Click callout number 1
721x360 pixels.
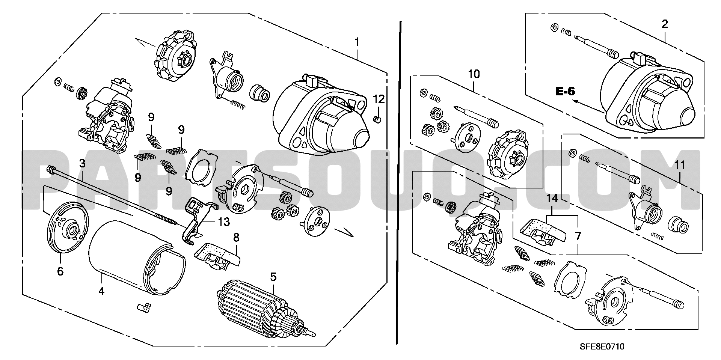pyautogui.click(x=357, y=42)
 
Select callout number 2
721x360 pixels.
pyautogui.click(x=665, y=24)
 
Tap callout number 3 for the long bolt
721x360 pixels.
pyautogui.click(x=82, y=163)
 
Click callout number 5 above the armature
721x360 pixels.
pyautogui.click(x=273, y=277)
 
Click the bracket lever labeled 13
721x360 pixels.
pyautogui.click(x=196, y=221)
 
